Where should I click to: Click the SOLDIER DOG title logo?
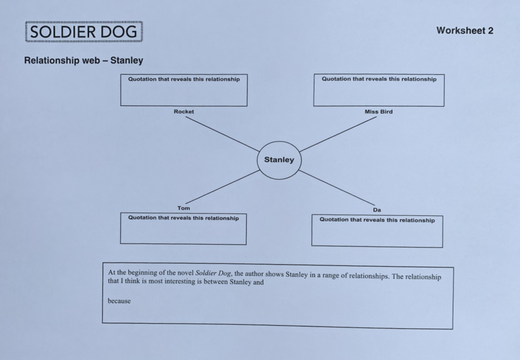pos(84,32)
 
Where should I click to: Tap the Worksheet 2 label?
pos(465,31)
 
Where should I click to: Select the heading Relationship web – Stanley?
pos(84,61)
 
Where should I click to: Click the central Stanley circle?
pos(279,160)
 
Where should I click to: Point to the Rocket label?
pos(184,112)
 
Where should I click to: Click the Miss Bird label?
pos(378,112)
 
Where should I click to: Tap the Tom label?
pos(184,208)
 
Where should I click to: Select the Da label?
pos(377,210)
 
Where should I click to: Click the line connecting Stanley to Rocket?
pos(222,134)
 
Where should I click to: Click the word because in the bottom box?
pos(119,301)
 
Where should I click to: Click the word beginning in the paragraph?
pos(139,273)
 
